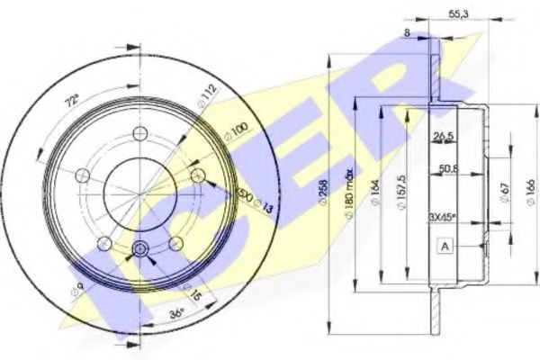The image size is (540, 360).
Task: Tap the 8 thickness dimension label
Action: (407, 32)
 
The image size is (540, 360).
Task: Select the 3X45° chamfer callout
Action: (442, 216)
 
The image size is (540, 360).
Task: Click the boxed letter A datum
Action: (444, 245)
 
